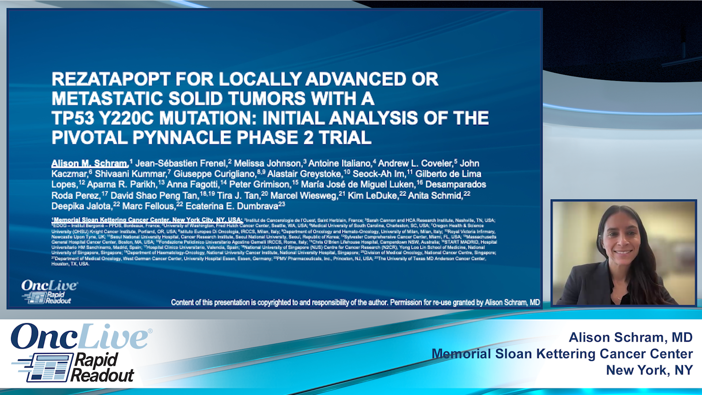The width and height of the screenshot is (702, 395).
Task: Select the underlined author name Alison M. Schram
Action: coord(89,163)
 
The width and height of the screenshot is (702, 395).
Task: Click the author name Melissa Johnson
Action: coord(267,163)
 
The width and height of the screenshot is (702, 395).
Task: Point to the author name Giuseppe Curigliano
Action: coord(214,174)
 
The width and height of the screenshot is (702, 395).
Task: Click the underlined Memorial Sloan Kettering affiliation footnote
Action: coord(147,220)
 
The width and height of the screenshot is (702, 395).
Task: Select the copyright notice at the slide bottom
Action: coord(355,302)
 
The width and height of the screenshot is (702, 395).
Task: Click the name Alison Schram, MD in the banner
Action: coord(630,337)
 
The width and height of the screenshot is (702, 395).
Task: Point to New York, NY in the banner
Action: coord(649,370)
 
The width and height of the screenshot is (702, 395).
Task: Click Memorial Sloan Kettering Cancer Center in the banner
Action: coord(562,354)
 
